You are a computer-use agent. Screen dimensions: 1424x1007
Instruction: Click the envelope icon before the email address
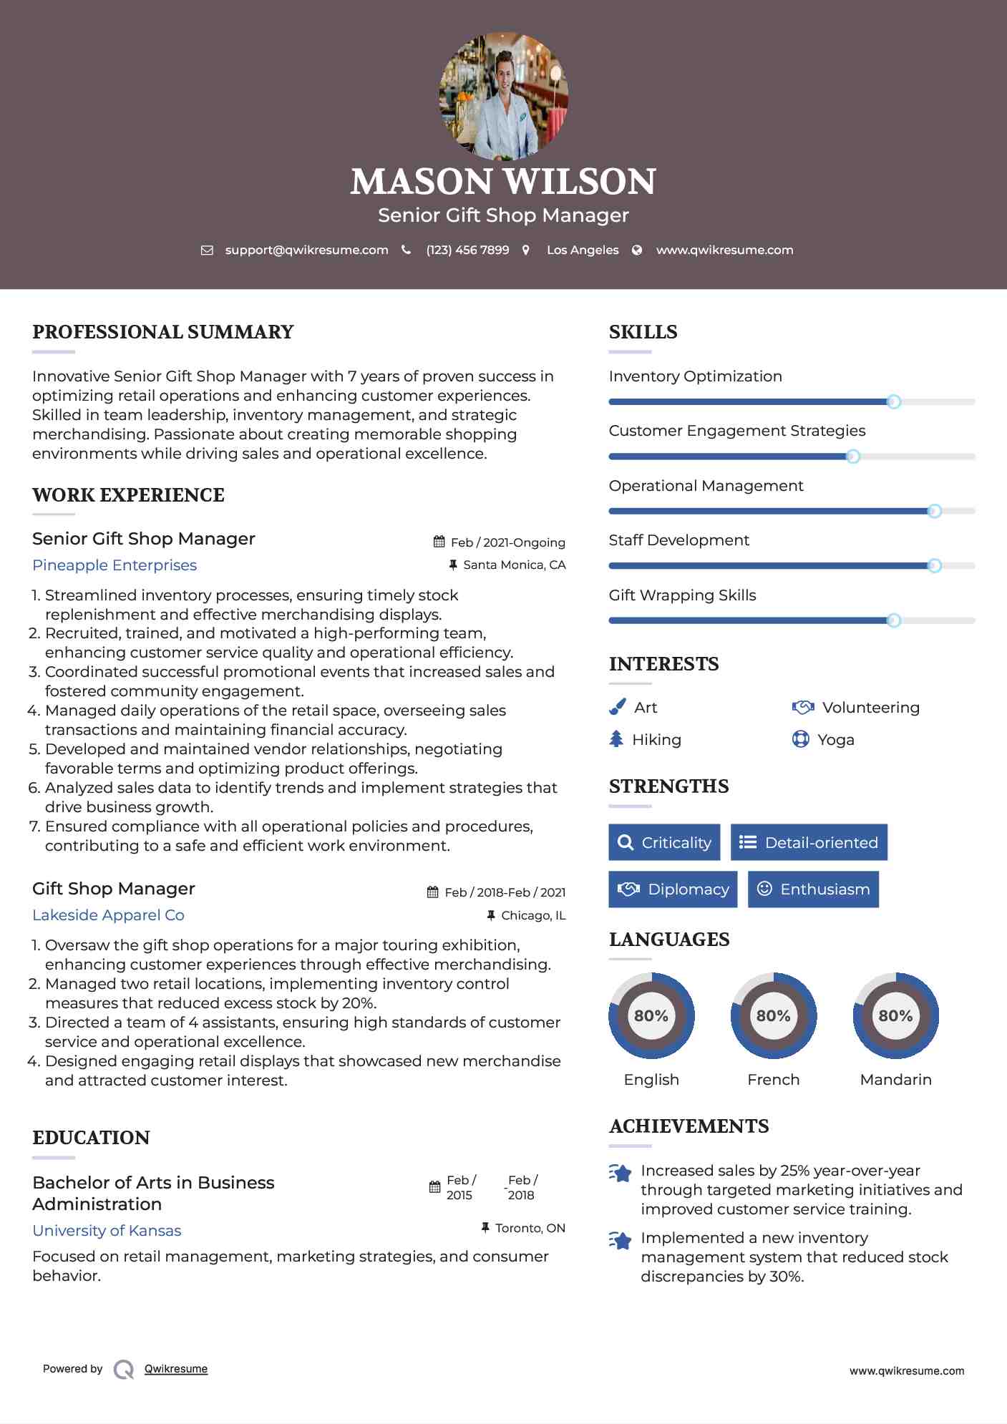tap(207, 250)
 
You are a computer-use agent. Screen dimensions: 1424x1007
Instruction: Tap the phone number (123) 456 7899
tap(467, 250)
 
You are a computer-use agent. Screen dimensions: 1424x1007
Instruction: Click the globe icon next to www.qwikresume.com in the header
tap(637, 250)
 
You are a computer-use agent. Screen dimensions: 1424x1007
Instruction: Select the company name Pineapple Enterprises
tap(115, 565)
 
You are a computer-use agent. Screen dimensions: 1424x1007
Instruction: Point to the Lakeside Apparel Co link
tap(108, 915)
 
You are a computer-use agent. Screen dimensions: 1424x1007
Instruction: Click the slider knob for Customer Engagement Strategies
tap(853, 457)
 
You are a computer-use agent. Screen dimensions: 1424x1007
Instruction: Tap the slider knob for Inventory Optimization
tap(894, 402)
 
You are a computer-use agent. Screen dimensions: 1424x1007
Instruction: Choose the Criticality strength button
tap(664, 842)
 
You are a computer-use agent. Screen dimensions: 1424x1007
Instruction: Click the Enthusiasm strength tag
tap(813, 889)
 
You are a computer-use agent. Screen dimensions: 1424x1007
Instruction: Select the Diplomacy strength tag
tap(673, 889)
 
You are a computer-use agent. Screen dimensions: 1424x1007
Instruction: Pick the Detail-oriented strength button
tap(809, 842)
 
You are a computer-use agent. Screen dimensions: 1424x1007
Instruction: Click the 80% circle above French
tap(774, 1016)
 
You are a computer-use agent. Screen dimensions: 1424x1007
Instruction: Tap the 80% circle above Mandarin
tap(896, 1016)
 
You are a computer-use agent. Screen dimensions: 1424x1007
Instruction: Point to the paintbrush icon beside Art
tap(617, 708)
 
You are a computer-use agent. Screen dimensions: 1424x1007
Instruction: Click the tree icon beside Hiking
tap(616, 739)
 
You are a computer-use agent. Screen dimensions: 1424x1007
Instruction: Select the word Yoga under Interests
tap(836, 740)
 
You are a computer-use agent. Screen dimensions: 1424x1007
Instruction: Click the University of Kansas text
tap(107, 1231)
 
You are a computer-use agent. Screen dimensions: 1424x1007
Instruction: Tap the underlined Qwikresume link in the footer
tap(176, 1369)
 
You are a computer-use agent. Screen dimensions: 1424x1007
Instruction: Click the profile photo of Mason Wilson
tap(504, 96)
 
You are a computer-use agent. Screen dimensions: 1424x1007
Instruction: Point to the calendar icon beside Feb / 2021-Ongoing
tap(439, 542)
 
